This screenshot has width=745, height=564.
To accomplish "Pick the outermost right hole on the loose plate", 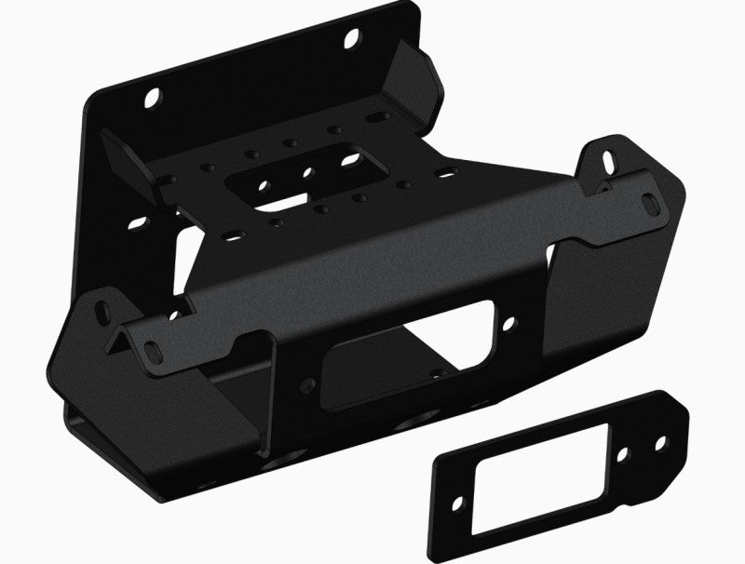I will pos(660,445).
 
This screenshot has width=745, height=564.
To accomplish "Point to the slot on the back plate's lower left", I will pos(137,223).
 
